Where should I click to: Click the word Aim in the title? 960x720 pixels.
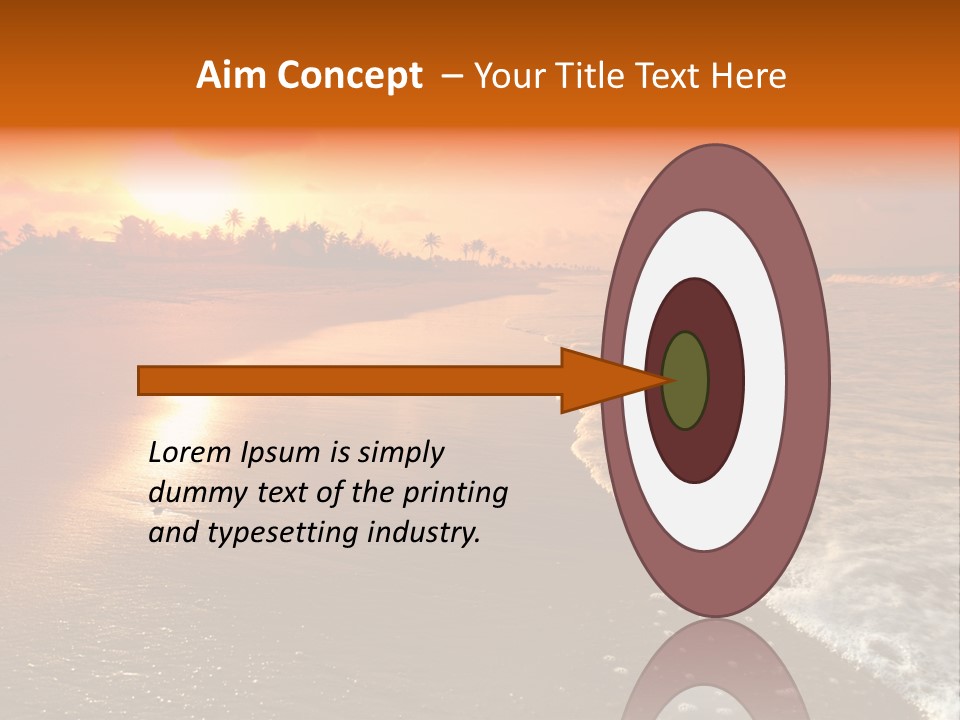click(x=232, y=76)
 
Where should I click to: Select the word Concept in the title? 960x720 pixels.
click(x=347, y=76)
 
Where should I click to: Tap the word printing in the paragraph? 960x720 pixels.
click(x=454, y=493)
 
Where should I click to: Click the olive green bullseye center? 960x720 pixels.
click(x=685, y=380)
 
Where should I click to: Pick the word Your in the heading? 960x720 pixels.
click(x=504, y=76)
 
